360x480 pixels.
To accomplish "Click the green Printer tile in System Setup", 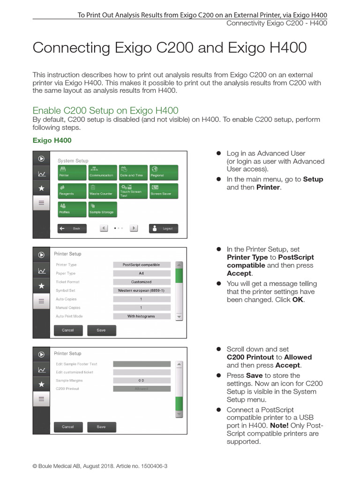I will [x=72, y=172].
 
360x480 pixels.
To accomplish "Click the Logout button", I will [x=164, y=228].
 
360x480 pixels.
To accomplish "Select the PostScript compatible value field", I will [x=141, y=265].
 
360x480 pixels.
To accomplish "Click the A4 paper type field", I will [x=141, y=273].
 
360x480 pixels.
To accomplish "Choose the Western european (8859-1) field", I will [x=141, y=291].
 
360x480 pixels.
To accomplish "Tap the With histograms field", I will [x=141, y=316].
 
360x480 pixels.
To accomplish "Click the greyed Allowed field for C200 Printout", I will [x=141, y=389].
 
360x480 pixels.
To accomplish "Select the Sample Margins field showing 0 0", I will [x=141, y=381].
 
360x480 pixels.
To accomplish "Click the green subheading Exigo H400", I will [x=52, y=140].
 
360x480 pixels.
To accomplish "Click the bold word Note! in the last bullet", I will [x=280, y=426].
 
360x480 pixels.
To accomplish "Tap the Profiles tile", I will [x=72, y=209].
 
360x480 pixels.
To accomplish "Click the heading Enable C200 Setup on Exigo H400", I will [x=105, y=111].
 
